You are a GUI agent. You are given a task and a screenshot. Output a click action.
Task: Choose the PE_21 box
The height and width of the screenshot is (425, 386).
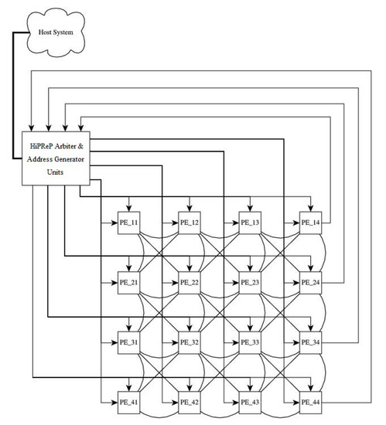[128, 283]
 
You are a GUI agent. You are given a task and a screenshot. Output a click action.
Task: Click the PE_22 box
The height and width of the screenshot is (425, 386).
[190, 283]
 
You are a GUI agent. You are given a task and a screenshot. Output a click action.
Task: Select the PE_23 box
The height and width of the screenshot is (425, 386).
[250, 283]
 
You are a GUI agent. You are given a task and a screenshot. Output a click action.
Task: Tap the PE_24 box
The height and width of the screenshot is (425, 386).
[310, 283]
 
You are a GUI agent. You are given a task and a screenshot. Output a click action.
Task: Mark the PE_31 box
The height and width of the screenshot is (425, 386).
[128, 342]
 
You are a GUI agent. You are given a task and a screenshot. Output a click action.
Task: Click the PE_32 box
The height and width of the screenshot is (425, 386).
[190, 342]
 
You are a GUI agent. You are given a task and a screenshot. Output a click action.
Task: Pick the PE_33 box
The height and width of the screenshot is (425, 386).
[250, 342]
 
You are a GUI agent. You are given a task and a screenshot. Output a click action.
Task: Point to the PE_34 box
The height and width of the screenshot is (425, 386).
[310, 342]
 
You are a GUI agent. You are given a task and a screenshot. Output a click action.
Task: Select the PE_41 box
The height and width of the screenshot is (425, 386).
[128, 403]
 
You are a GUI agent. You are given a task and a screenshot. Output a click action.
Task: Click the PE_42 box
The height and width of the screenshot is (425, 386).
[190, 403]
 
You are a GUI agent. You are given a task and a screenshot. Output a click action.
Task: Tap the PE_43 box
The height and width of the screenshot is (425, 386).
[250, 403]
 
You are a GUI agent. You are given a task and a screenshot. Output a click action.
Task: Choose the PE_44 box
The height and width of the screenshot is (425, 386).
[310, 403]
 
